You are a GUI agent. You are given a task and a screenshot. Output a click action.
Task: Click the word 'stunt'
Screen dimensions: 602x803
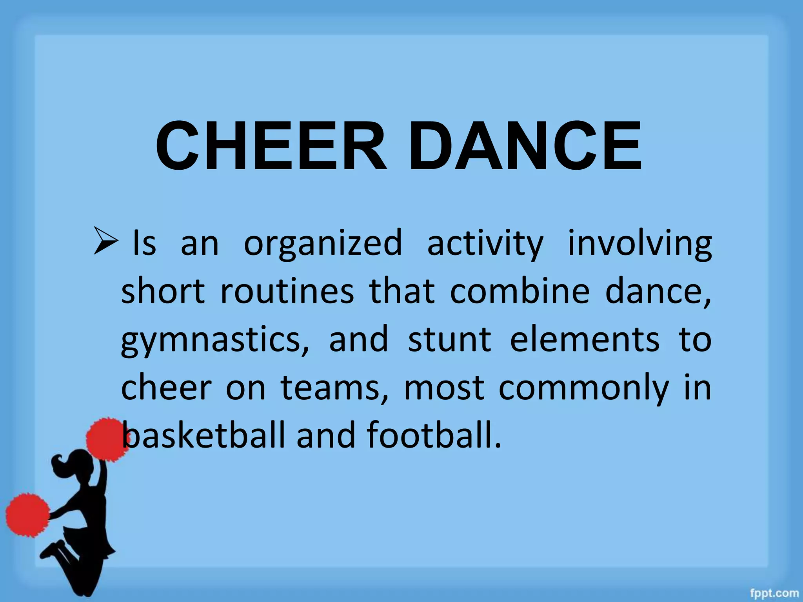(x=449, y=339)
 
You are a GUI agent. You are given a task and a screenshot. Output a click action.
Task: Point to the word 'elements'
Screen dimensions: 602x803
(x=585, y=339)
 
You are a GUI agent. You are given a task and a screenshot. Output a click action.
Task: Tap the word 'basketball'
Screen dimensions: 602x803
(x=203, y=435)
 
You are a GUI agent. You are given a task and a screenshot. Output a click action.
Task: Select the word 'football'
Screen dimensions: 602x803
(x=433, y=435)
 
